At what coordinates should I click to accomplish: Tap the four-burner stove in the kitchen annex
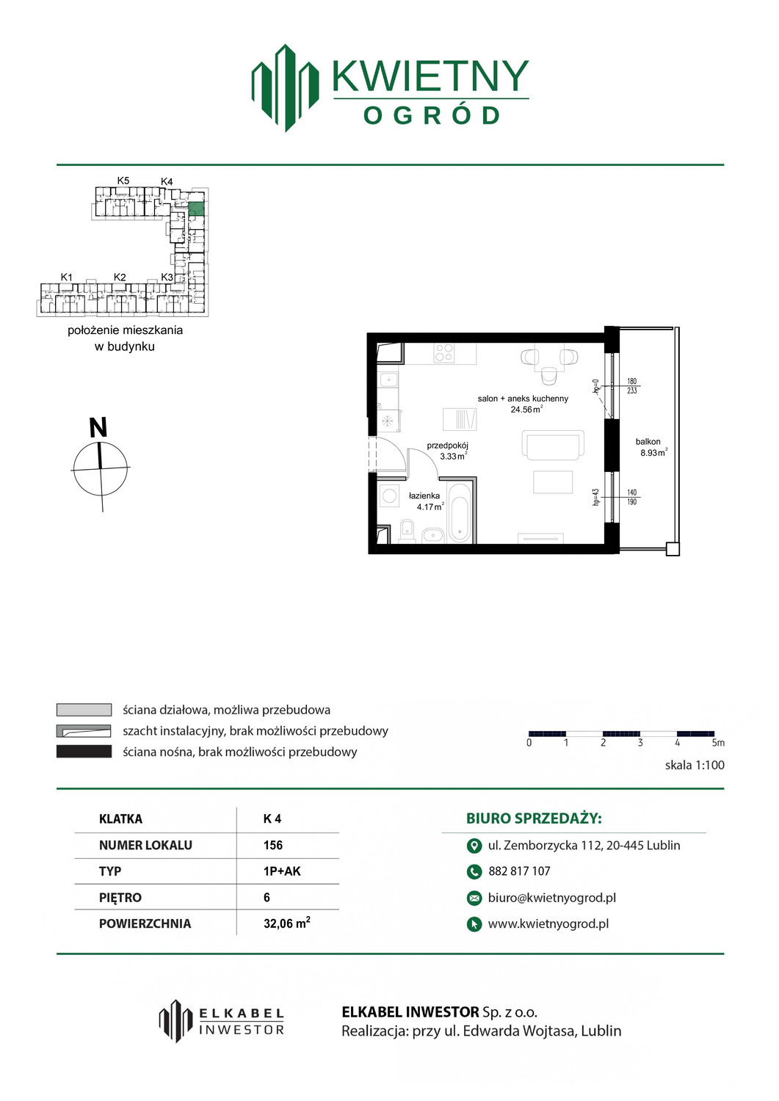pyautogui.click(x=444, y=352)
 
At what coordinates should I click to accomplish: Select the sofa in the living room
pyautogui.click(x=554, y=446)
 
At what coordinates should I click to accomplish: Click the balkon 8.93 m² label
pyautogui.click(x=652, y=447)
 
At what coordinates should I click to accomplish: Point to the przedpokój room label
pyautogui.click(x=447, y=446)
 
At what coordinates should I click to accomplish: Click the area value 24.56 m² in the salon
pyautogui.click(x=526, y=409)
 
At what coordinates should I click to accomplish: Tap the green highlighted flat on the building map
pyautogui.click(x=196, y=209)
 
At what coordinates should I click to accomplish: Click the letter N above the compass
pyautogui.click(x=98, y=427)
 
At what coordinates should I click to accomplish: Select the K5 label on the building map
pyautogui.click(x=123, y=181)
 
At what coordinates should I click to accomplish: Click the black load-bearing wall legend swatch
pyautogui.click(x=84, y=752)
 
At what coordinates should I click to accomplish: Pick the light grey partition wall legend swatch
pyautogui.click(x=84, y=710)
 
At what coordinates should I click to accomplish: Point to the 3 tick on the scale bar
pyautogui.click(x=639, y=743)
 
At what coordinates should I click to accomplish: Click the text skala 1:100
pyautogui.click(x=695, y=765)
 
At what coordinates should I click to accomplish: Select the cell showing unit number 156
pyautogui.click(x=273, y=845)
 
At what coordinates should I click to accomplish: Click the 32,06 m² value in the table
pyautogui.click(x=287, y=923)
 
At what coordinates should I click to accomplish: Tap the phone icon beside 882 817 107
pyautogui.click(x=474, y=871)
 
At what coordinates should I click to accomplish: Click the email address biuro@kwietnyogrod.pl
pyautogui.click(x=552, y=898)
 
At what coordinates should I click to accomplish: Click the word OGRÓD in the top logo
pyautogui.click(x=431, y=116)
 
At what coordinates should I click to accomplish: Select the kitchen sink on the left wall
pyautogui.click(x=388, y=379)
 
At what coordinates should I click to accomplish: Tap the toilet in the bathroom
pyautogui.click(x=407, y=531)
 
